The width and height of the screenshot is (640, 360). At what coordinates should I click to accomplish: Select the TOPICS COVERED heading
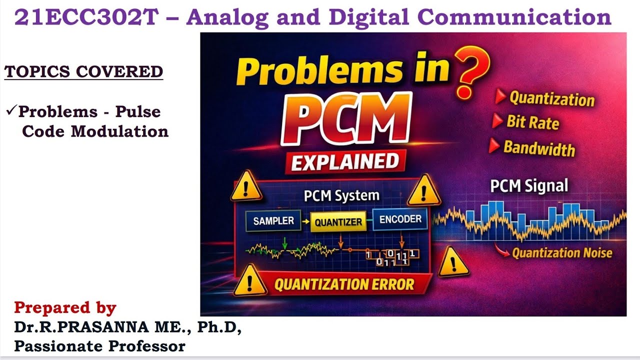click(84, 71)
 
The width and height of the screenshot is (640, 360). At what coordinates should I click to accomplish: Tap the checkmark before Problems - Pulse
click(11, 110)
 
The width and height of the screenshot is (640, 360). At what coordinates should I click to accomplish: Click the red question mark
click(470, 70)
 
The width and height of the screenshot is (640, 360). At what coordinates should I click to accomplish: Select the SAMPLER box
click(273, 220)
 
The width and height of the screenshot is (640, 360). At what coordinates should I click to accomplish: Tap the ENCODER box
click(400, 218)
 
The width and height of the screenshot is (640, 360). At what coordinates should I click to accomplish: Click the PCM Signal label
click(529, 186)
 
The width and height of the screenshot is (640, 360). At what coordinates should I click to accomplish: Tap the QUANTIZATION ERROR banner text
click(344, 284)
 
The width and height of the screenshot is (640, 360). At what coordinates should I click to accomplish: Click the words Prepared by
click(65, 307)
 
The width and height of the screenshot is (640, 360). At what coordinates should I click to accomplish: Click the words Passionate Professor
click(99, 345)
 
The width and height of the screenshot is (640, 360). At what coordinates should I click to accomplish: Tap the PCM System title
click(341, 195)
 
